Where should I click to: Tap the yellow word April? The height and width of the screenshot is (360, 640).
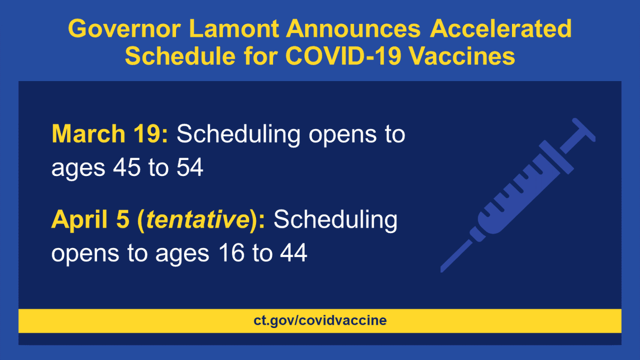click(x=78, y=220)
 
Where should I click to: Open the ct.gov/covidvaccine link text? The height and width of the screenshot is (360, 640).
click(x=320, y=321)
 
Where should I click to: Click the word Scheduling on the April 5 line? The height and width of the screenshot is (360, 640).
click(x=335, y=220)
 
